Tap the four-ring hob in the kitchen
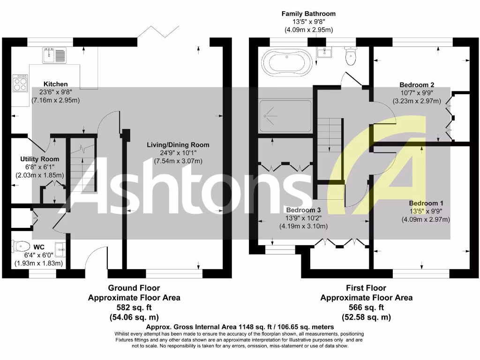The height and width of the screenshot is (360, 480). click(x=21, y=83)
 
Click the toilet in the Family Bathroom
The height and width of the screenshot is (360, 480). click(x=350, y=56)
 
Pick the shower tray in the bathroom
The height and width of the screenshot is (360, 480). click(x=285, y=116)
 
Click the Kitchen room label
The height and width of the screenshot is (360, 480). click(x=55, y=84)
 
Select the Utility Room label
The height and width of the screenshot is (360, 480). click(x=39, y=159)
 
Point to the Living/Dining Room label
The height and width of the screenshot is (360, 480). click(x=178, y=145)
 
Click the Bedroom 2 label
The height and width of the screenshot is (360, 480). click(x=416, y=85)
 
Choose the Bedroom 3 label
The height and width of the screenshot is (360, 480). click(x=304, y=210)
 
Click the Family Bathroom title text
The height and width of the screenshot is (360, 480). click(x=308, y=14)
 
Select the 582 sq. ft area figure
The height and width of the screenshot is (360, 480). click(x=134, y=307)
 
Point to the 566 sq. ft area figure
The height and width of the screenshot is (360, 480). click(x=366, y=307)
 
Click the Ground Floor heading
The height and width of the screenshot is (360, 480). click(x=134, y=288)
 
